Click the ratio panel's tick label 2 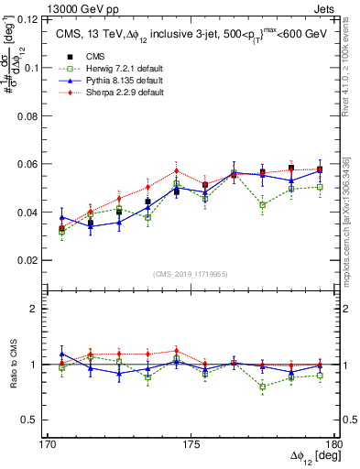click(35, 309)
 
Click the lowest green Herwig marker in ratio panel click(262, 387)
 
